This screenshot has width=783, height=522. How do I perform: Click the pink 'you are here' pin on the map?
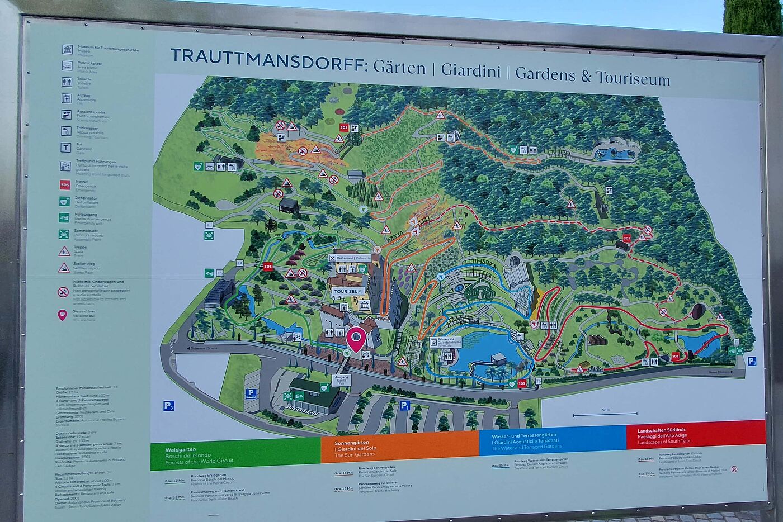click(356, 338)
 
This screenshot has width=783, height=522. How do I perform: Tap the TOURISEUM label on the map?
click(348, 291)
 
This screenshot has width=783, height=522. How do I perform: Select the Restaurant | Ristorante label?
click(350, 258)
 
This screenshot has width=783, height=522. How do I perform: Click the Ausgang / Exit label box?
click(341, 379)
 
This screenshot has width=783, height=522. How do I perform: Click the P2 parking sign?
click(169, 406)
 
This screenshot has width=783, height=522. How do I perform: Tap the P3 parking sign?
click(752, 361)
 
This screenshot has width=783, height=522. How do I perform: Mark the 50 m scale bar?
click(605, 414)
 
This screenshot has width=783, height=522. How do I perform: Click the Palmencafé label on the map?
click(446, 341)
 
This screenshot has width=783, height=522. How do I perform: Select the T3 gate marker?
click(209, 225)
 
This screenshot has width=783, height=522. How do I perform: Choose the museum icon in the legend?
click(67, 49)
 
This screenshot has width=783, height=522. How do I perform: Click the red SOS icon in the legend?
click(65, 184)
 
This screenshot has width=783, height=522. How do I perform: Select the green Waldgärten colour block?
click(235, 455)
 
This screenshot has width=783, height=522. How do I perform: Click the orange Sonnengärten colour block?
click(399, 447)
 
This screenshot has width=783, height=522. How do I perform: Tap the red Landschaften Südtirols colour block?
click(695, 434)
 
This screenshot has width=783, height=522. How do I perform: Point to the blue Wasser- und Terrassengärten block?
click(552, 441)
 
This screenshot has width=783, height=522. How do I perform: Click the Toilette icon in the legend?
click(67, 82)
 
